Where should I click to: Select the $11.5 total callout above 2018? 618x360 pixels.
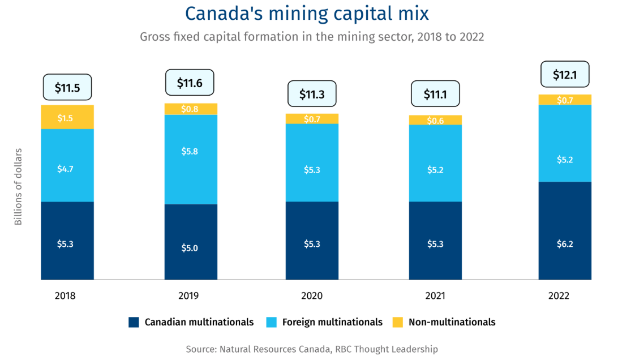[x=67, y=88]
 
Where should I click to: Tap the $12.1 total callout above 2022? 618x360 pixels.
[x=564, y=74]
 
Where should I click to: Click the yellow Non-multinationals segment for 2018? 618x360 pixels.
[x=67, y=117]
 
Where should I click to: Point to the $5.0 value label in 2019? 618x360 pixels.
[x=191, y=247]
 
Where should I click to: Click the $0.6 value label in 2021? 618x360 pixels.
[x=435, y=120]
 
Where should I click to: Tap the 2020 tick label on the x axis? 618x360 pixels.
[x=312, y=296]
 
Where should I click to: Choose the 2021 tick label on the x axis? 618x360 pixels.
[x=435, y=296]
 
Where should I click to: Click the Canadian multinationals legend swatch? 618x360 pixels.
[x=134, y=322]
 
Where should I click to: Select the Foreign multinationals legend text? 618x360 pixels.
[x=332, y=322]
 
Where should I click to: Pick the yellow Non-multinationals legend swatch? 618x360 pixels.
[x=397, y=322]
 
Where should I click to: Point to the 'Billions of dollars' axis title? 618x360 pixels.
[x=18, y=187]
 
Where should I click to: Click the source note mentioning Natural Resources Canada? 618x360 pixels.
[x=311, y=349]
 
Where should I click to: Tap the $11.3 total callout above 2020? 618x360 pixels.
[x=312, y=95]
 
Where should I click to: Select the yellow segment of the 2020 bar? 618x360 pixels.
[x=312, y=119]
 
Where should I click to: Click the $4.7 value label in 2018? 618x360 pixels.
[x=67, y=168]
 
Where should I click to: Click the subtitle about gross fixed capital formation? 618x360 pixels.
[x=311, y=37]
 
